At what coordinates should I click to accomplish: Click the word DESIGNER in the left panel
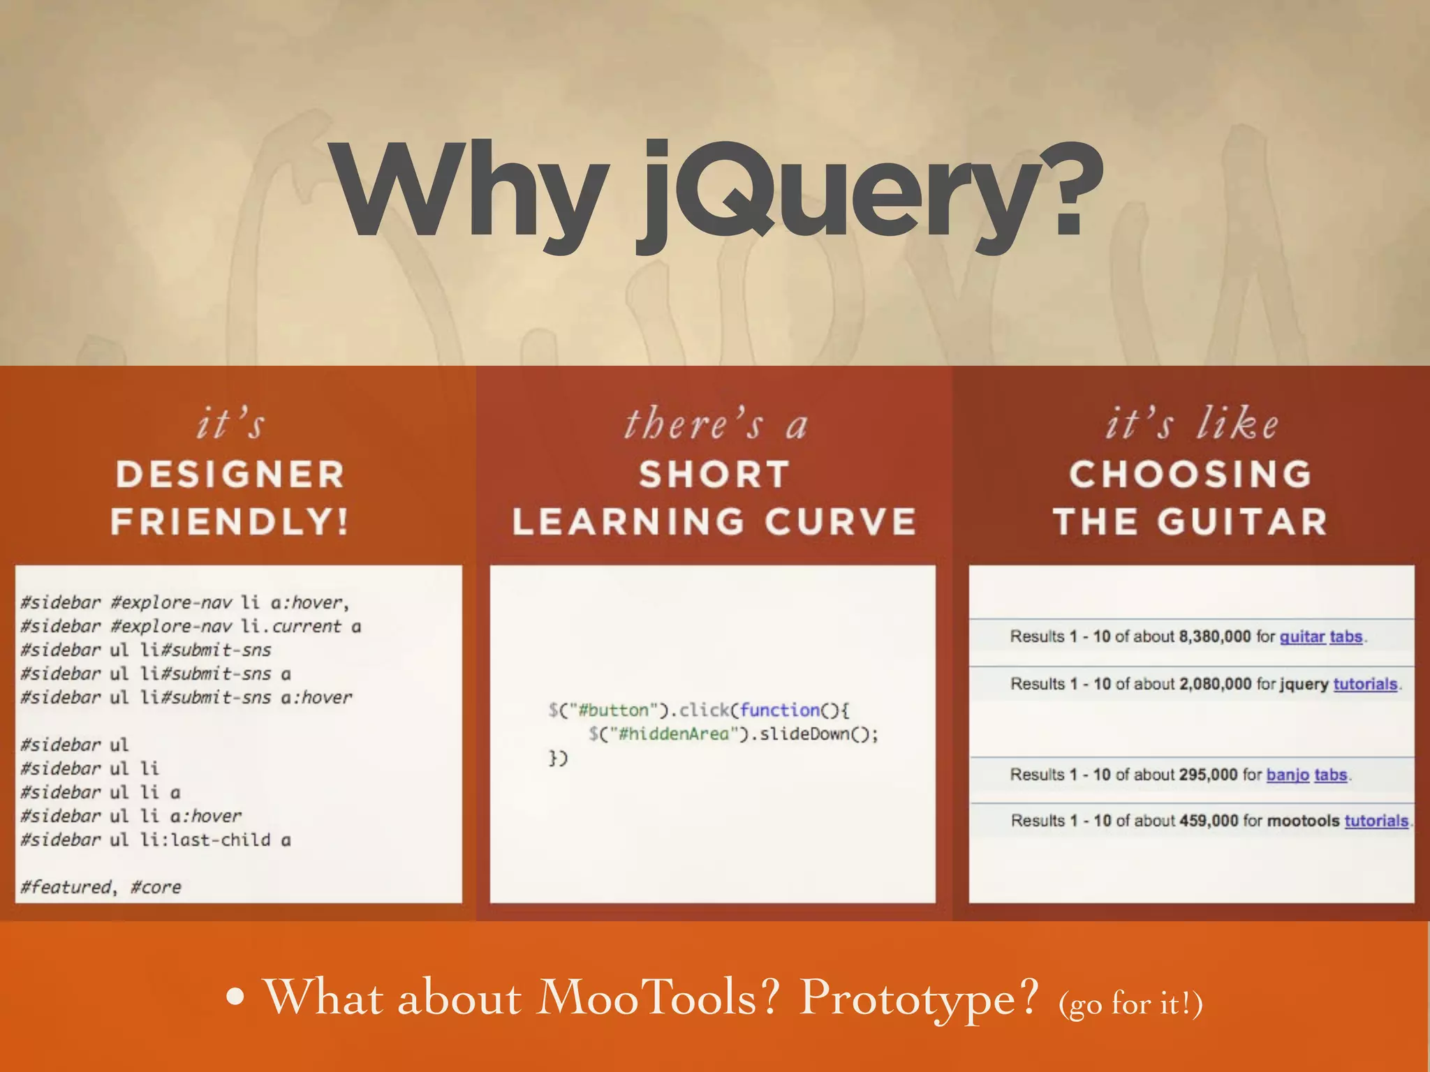[x=230, y=475]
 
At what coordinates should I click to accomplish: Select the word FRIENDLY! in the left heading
[x=230, y=522]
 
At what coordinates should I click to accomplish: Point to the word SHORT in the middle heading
[x=714, y=475]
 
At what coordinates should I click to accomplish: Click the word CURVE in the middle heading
[x=841, y=522]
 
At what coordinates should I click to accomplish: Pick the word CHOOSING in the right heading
[x=1191, y=475]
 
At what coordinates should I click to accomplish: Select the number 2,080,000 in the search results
[x=1215, y=684]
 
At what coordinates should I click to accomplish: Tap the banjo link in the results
[x=1288, y=775]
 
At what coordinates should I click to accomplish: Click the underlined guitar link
[x=1302, y=636]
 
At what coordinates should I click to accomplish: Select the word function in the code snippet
[x=780, y=710]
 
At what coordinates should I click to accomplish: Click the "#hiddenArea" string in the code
[x=673, y=734]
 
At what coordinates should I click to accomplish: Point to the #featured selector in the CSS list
[x=66, y=887]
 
